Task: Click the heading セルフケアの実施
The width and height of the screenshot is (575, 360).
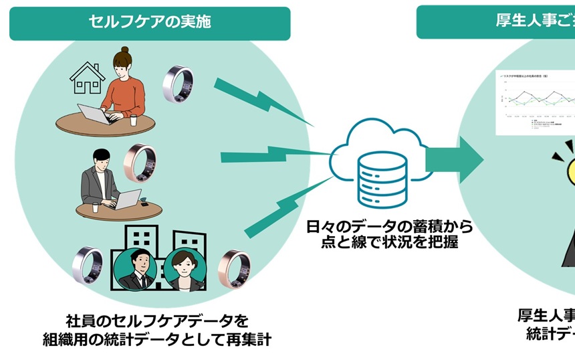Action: (150, 21)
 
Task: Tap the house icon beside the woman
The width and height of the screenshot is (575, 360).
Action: (88, 80)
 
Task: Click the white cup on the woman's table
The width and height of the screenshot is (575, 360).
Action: (133, 120)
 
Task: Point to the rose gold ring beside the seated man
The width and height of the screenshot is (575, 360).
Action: (142, 163)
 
